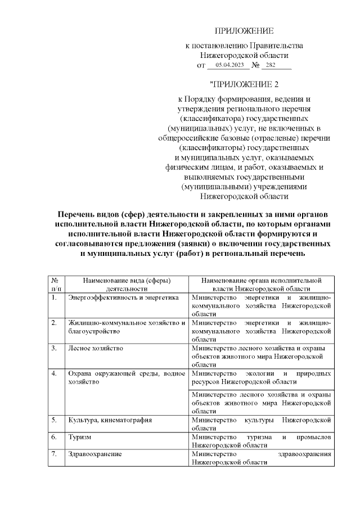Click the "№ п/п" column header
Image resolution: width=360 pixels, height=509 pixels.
pyautogui.click(x=55, y=283)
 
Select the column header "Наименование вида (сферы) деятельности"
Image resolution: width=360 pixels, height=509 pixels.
pyautogui.click(x=127, y=283)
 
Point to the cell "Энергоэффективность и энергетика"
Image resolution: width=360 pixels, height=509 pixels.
pyautogui.click(x=123, y=297)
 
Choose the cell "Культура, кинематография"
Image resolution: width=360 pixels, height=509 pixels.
pyautogui.click(x=110, y=420)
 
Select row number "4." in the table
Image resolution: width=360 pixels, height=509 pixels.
pyautogui.click(x=53, y=373)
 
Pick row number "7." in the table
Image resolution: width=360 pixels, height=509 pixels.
pyautogui.click(x=53, y=453)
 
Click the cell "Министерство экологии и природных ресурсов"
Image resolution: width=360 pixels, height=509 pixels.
pyautogui.click(x=261, y=377)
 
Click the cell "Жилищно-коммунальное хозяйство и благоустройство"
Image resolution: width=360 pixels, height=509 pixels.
pyautogui.click(x=127, y=327)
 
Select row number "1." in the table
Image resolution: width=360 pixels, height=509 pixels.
pyautogui.click(x=53, y=297)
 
